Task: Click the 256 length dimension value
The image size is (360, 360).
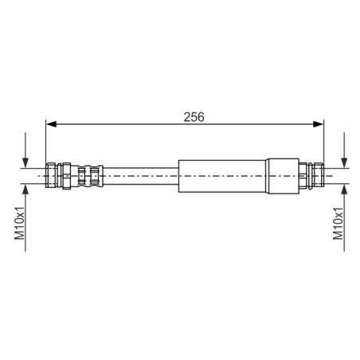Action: (194, 117)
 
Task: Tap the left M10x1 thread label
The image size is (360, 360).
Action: (20, 224)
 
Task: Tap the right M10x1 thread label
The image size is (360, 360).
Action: (338, 224)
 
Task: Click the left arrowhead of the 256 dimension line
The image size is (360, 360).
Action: (51, 124)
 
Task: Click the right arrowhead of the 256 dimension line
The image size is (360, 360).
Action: (319, 124)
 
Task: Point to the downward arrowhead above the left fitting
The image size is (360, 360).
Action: (25, 162)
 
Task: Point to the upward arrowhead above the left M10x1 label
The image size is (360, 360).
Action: (25, 189)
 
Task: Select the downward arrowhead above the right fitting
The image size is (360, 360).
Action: (344, 162)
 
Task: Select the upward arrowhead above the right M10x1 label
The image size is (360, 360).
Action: (344, 189)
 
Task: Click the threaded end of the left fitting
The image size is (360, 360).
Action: (50, 175)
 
